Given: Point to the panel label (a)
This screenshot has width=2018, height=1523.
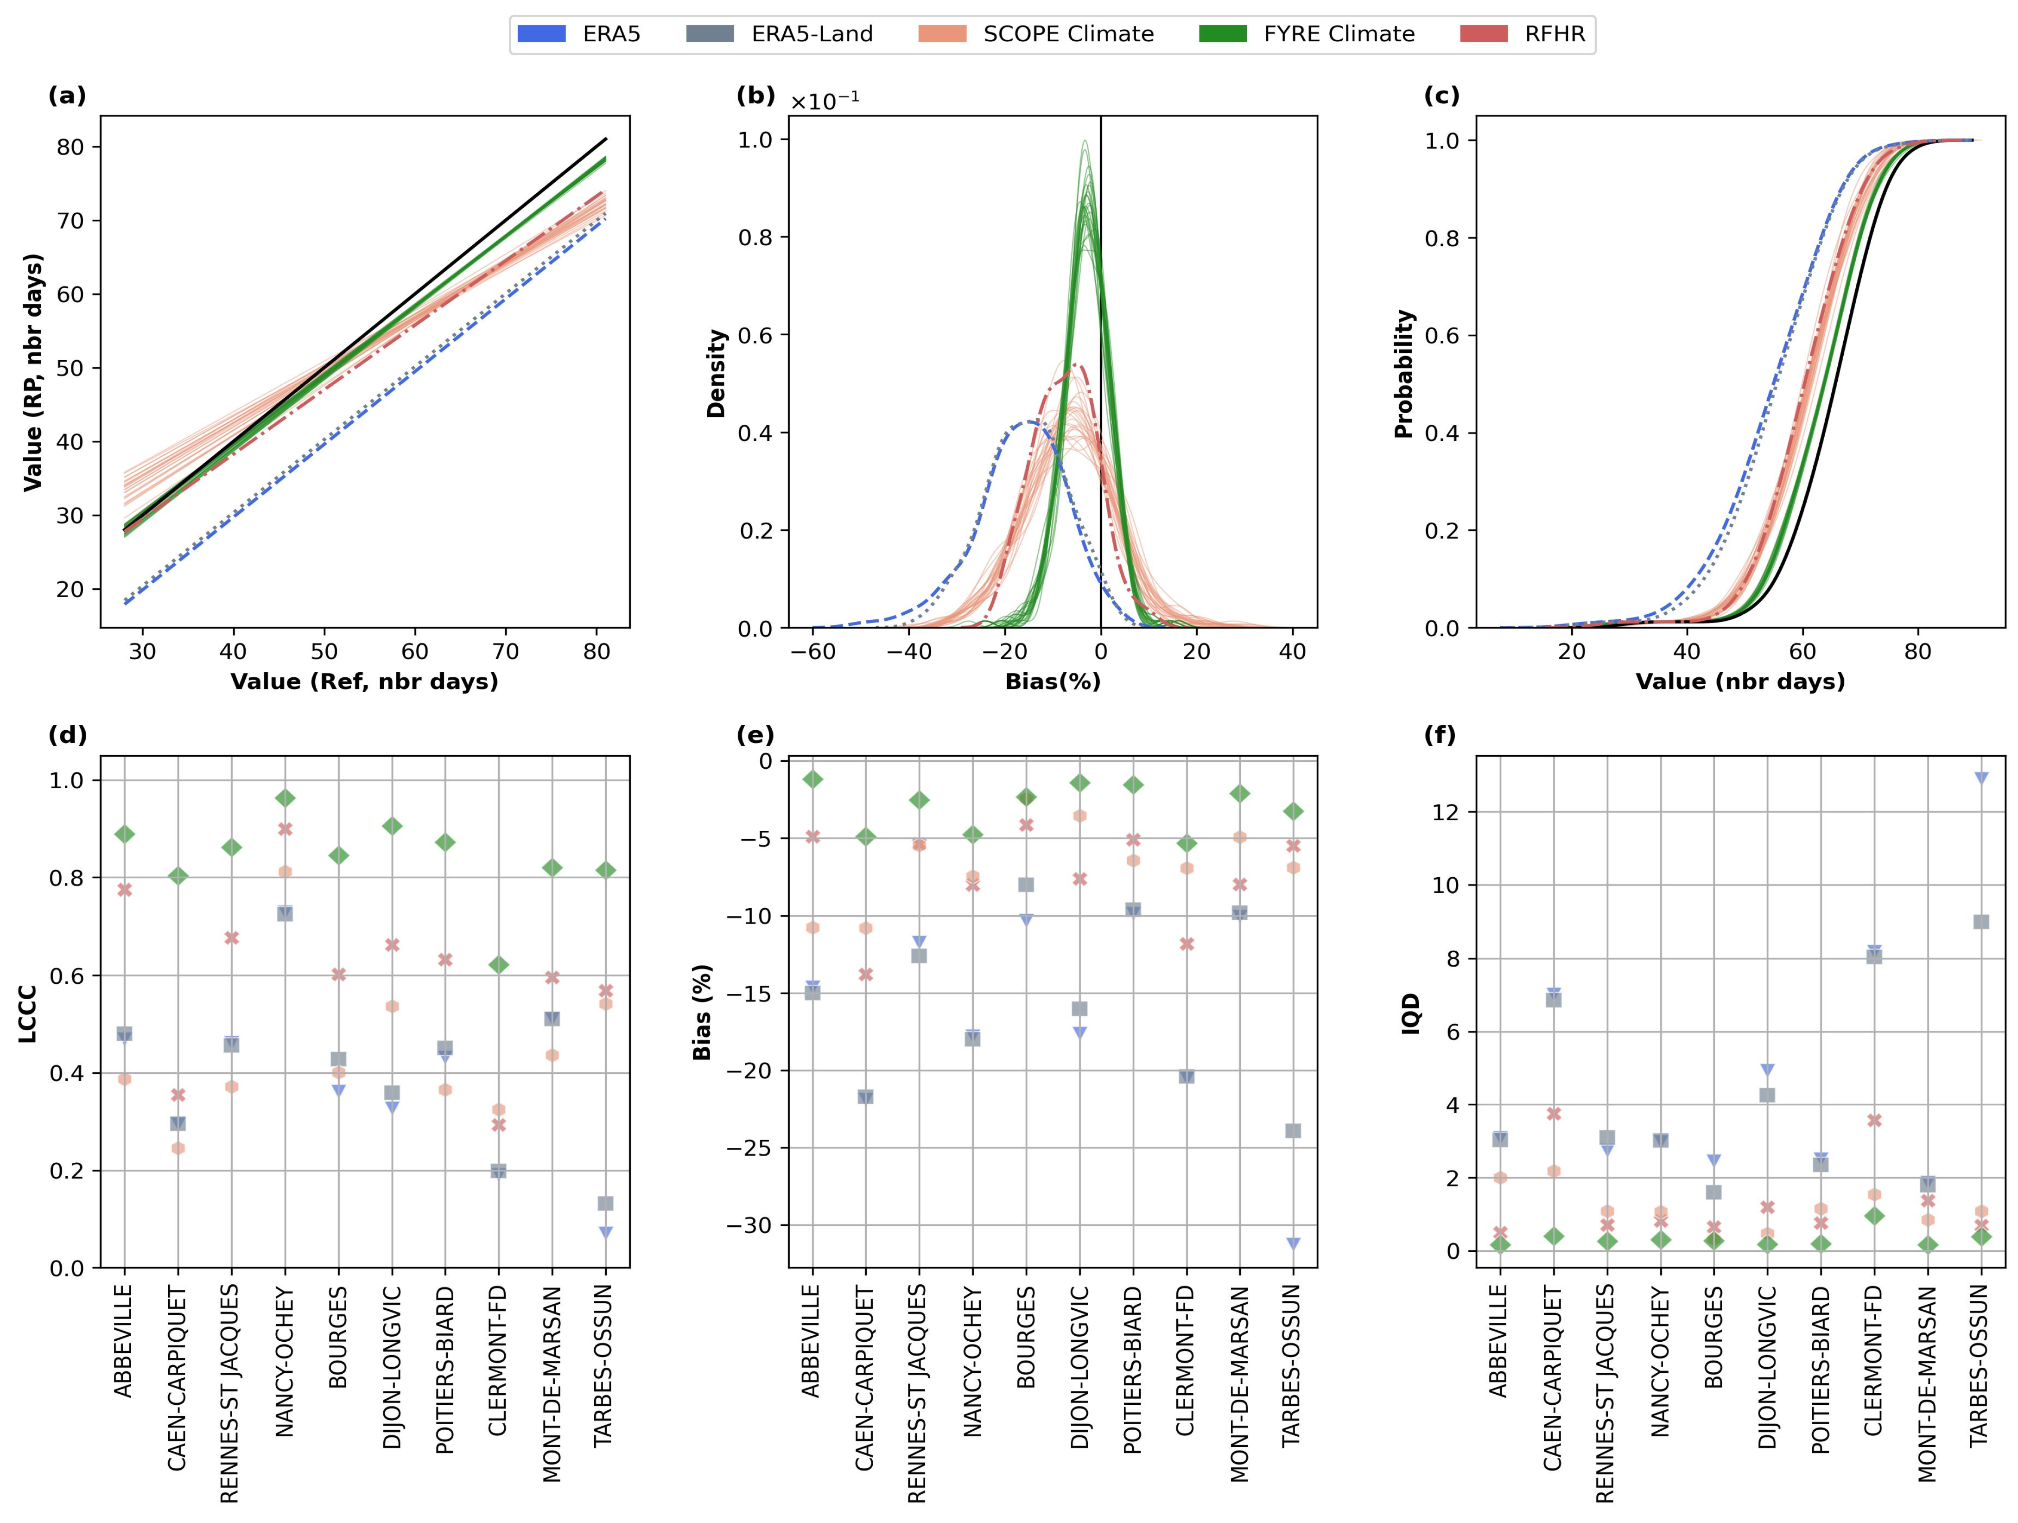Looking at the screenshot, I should click(x=67, y=96).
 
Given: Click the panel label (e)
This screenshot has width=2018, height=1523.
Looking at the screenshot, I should click(x=755, y=735).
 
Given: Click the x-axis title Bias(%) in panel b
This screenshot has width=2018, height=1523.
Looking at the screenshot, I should click(x=1053, y=682).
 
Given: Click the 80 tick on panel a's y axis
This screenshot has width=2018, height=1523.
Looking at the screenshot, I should click(x=70, y=147).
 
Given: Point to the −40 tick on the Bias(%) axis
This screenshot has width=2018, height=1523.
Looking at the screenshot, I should click(x=909, y=651).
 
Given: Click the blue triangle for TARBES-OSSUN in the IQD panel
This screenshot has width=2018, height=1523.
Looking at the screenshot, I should click(x=1980, y=777).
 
